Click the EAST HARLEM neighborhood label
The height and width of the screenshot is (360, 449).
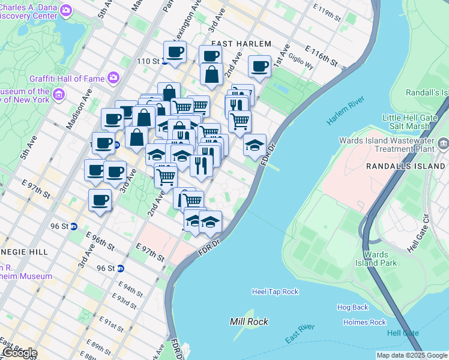(241, 44)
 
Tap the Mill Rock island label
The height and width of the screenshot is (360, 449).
(249, 322)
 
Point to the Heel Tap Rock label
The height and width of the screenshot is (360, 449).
(275, 292)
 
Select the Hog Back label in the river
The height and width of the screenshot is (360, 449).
(352, 307)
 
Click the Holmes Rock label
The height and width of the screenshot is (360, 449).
(364, 322)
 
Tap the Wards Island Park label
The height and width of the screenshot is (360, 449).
(376, 259)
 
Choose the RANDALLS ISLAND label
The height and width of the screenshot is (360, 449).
(408, 165)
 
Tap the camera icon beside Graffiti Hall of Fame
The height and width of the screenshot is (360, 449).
(113, 77)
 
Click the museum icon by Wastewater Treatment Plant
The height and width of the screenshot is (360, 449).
(443, 143)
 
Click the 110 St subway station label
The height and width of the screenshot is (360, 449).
(148, 61)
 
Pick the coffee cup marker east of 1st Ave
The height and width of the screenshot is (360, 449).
(260, 67)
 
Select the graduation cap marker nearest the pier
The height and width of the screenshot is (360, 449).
(255, 145)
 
